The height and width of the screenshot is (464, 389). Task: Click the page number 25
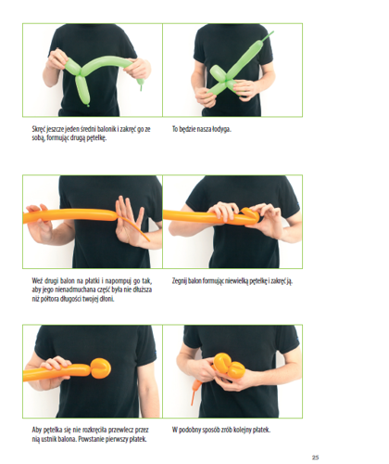[x=315, y=458]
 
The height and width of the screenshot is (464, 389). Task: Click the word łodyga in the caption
[x=221, y=129]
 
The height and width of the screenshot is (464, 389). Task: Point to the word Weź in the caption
[x=37, y=281]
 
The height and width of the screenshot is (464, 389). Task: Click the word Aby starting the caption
[x=37, y=430]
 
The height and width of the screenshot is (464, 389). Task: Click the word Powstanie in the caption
[x=91, y=439]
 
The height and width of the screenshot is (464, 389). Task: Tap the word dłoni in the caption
[x=107, y=299]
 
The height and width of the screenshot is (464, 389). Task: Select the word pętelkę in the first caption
[x=96, y=138]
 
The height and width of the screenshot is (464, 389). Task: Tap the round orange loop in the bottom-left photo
[x=100, y=368]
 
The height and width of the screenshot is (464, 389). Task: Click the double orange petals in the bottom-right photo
[x=230, y=367]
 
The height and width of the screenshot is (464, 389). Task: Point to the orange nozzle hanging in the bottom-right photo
[x=194, y=393]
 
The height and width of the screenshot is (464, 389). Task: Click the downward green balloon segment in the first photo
[x=82, y=90]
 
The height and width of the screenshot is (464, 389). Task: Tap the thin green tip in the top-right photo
[x=268, y=36]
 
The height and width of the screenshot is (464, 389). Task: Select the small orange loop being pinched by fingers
[x=250, y=216]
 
